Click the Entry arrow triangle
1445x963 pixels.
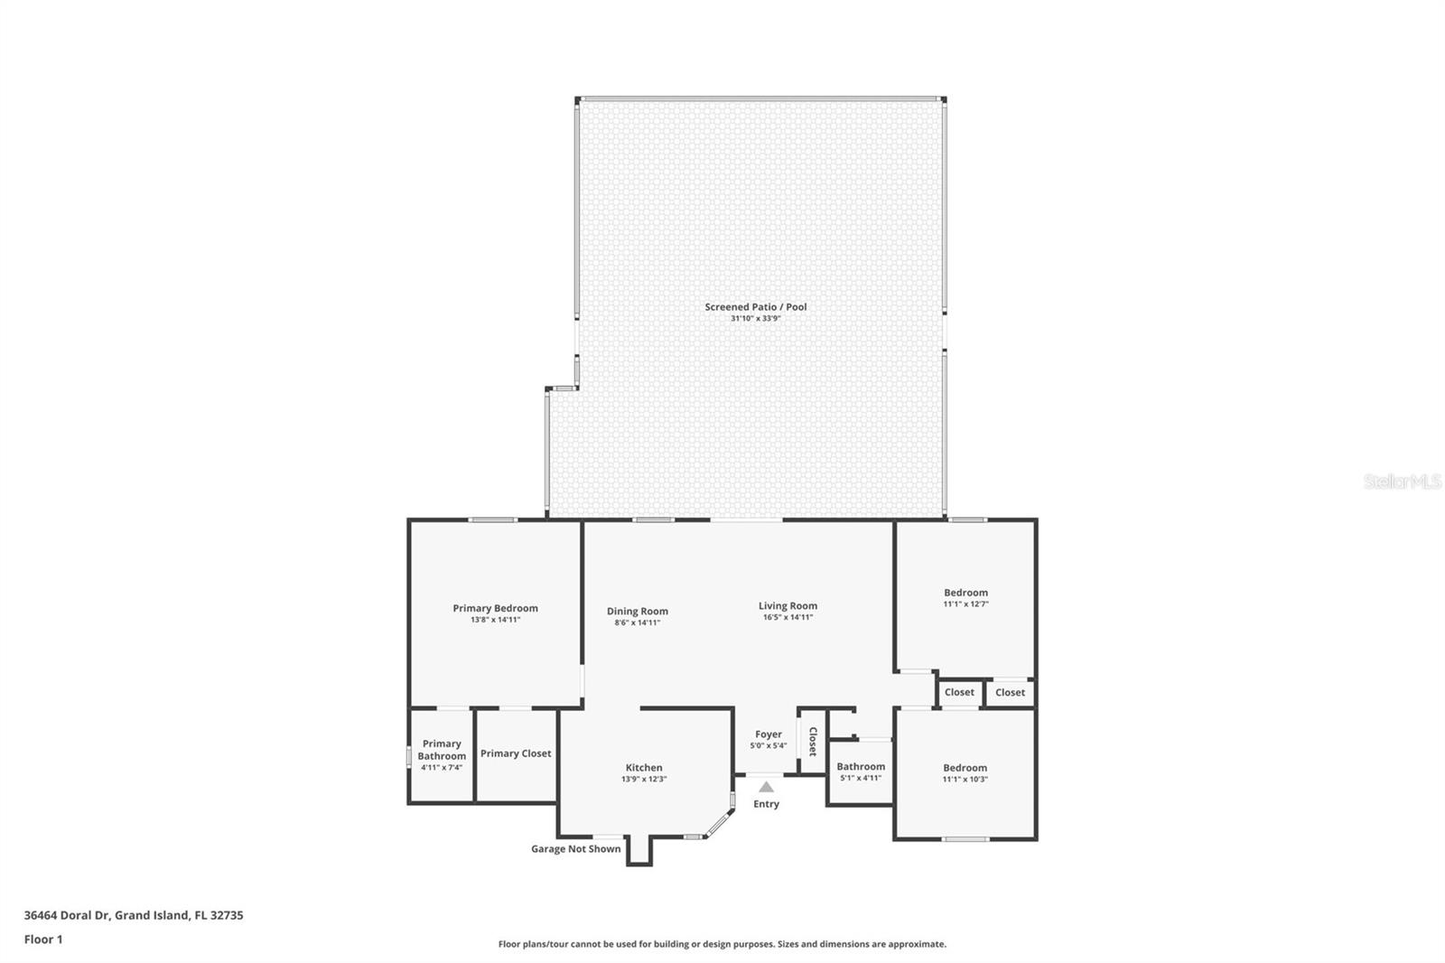click(766, 787)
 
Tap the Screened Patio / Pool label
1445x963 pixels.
click(756, 307)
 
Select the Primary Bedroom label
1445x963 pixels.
click(495, 608)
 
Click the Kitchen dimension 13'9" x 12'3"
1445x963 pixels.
click(644, 779)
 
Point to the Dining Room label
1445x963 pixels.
click(637, 612)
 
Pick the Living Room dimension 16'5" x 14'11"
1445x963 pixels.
click(788, 617)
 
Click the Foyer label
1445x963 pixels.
click(769, 734)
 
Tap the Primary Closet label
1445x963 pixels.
click(516, 753)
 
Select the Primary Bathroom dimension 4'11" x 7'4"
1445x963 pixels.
click(442, 768)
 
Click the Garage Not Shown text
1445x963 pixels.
click(575, 848)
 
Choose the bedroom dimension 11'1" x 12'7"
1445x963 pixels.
click(965, 603)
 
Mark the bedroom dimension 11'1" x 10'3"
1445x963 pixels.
click(965, 779)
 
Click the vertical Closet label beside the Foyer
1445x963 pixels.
click(812, 742)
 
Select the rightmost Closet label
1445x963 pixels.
click(1010, 692)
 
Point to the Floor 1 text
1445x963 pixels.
click(43, 940)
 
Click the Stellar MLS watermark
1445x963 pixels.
click(1403, 482)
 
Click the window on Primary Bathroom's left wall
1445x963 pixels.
click(408, 755)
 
